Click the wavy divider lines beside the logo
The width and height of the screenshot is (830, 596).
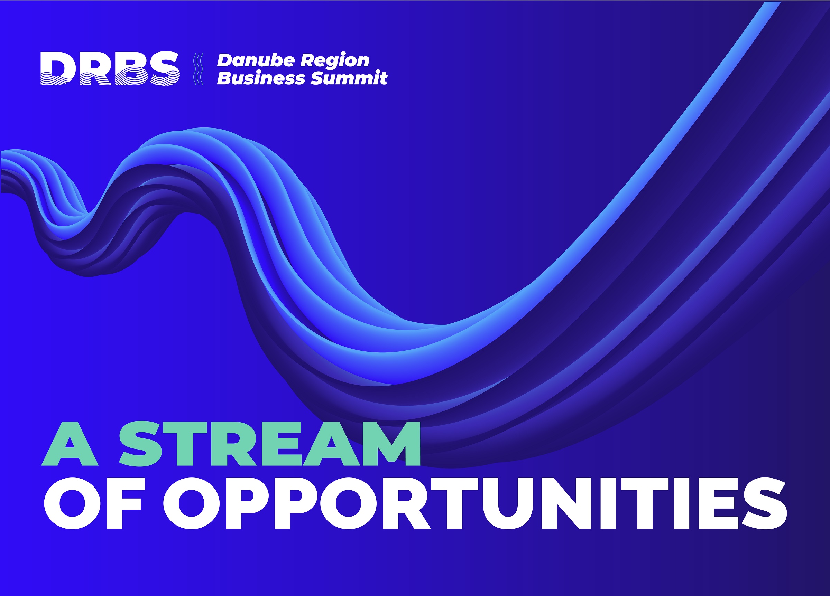tap(198, 69)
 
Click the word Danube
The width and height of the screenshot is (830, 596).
tap(256, 60)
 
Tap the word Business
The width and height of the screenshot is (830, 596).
tap(260, 78)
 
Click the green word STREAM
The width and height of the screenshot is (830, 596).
tap(270, 444)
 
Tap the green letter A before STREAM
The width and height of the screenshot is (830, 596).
tap(70, 444)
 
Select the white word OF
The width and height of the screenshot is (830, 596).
tap(93, 503)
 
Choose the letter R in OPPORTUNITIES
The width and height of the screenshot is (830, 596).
tap(407, 503)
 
